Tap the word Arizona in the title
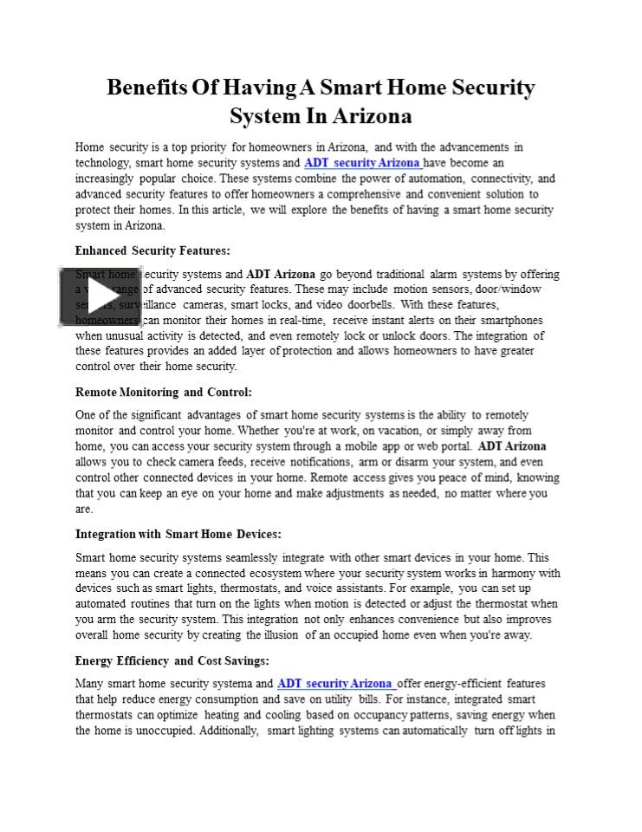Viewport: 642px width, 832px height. (367, 116)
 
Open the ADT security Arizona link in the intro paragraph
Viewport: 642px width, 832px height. (362, 163)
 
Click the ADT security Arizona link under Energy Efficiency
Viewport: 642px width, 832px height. (335, 684)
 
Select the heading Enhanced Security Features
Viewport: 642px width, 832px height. (152, 251)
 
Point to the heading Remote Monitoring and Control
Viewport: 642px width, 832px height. (164, 393)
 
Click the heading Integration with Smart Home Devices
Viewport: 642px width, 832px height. (178, 535)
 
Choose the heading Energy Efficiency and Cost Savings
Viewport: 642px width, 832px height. (172, 660)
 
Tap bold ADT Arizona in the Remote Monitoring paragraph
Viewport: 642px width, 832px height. (512, 446)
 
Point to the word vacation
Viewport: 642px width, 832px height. (387, 431)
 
